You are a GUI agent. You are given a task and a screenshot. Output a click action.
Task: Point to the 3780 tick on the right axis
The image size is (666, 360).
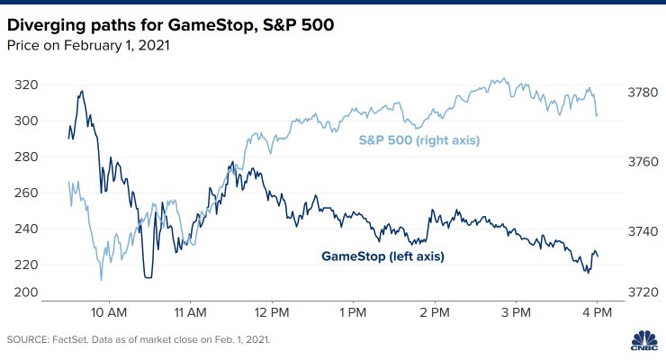[642, 91]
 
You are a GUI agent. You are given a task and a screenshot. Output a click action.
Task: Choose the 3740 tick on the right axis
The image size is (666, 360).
[642, 231]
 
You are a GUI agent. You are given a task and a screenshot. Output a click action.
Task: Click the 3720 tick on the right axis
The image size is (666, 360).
[642, 292]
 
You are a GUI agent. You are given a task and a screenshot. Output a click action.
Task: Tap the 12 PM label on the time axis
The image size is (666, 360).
[271, 314]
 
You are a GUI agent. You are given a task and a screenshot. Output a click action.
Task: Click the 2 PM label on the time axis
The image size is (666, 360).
[434, 314]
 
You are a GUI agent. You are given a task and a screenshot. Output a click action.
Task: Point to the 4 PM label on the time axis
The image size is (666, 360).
[597, 314]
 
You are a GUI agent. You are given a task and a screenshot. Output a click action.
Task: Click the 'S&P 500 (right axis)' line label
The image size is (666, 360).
[418, 140]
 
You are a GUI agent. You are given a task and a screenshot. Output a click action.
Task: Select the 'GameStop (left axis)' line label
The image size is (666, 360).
[382, 256]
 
